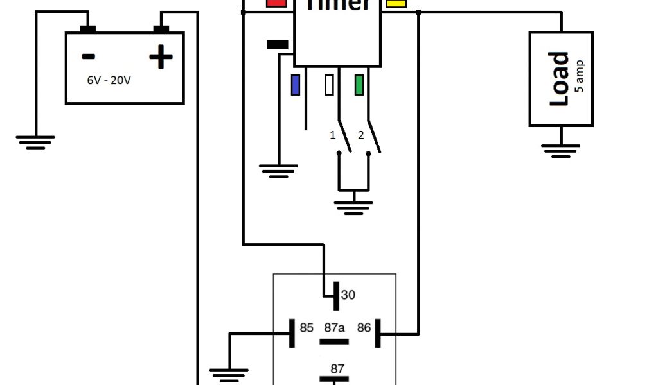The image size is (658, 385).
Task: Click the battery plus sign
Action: [161, 58]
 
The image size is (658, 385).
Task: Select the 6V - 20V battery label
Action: [110, 81]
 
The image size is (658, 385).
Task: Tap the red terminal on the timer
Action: [276, 3]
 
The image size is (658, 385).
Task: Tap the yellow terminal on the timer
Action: [396, 3]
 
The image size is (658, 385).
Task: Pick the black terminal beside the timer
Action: [277, 45]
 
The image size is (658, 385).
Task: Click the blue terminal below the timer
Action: [296, 85]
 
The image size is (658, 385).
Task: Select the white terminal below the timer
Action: [330, 85]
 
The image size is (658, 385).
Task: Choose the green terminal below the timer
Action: [359, 85]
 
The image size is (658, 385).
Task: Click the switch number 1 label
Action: [332, 135]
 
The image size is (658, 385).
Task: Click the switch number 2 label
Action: [360, 135]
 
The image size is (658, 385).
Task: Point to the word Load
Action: [559, 79]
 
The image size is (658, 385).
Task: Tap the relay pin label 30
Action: [348, 295]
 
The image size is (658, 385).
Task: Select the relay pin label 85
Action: [307, 328]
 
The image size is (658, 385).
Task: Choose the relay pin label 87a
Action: [335, 328]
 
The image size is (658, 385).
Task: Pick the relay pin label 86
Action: [364, 328]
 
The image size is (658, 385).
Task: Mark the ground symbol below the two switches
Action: [353, 207]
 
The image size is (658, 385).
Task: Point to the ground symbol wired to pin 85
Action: [229, 372]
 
